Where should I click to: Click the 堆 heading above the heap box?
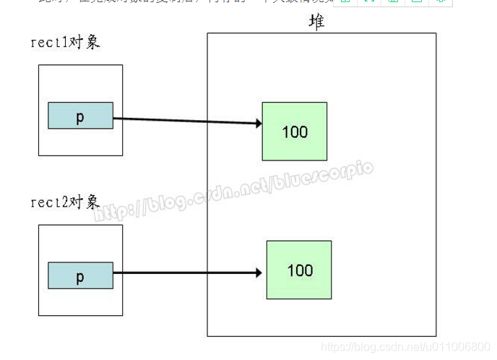[x=316, y=22]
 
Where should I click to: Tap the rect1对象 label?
[x=65, y=42]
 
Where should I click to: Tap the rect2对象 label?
[x=65, y=202]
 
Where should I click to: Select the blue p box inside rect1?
[x=80, y=116]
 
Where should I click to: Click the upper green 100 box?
[x=295, y=131]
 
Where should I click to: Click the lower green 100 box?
[x=299, y=270]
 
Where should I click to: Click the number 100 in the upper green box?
[x=295, y=132]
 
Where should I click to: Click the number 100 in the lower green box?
[x=300, y=270]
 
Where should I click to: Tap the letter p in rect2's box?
[x=80, y=276]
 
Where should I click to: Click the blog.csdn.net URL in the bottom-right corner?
[x=405, y=348]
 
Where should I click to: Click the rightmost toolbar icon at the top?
[x=440, y=3]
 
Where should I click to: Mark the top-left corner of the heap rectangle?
[x=207, y=33]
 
